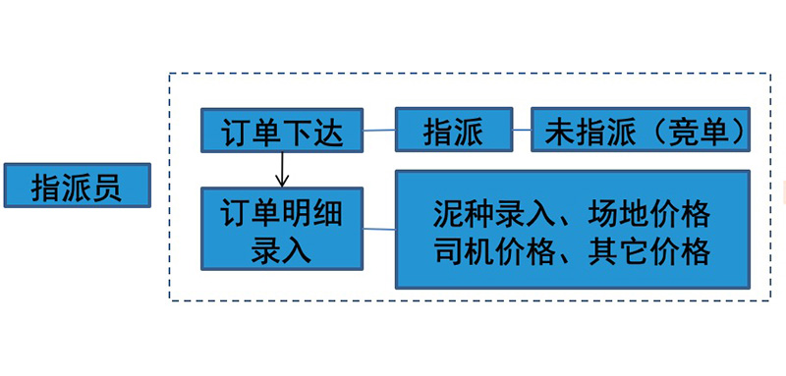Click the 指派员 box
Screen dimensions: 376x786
[x=77, y=186]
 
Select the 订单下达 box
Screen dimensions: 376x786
[x=281, y=131]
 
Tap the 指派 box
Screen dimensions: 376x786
[x=454, y=131]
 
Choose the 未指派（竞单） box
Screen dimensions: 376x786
[x=639, y=131]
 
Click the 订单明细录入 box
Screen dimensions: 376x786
[x=281, y=229]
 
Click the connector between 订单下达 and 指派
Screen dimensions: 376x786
[x=378, y=130]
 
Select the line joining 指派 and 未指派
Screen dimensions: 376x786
[x=522, y=131]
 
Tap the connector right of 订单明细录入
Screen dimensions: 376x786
[x=378, y=230]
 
